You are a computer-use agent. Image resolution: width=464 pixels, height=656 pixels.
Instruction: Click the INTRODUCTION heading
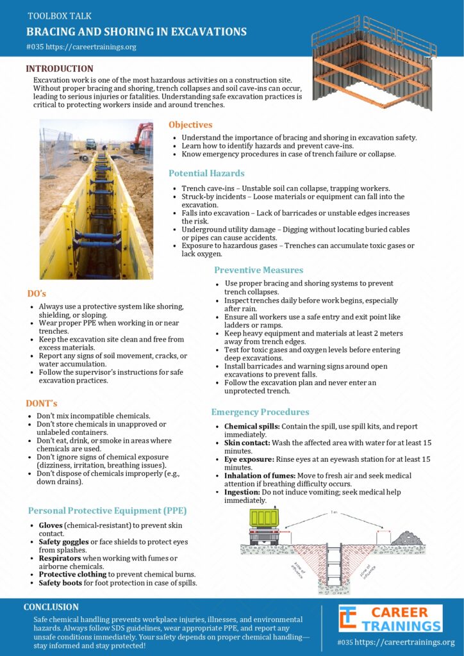click(x=60, y=69)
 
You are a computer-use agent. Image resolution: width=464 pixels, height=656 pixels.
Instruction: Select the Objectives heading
click(x=190, y=125)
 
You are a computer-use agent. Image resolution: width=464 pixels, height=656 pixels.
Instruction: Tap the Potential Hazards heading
click(x=206, y=173)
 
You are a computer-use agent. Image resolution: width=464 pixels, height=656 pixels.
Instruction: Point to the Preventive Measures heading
click(x=258, y=270)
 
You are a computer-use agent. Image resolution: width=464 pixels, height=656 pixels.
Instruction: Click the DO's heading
click(x=36, y=293)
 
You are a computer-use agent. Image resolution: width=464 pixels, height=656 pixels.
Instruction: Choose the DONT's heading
click(x=42, y=403)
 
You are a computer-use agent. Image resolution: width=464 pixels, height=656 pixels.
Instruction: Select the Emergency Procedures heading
click(x=260, y=412)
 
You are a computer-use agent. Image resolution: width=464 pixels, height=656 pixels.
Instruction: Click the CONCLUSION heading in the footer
click(x=51, y=607)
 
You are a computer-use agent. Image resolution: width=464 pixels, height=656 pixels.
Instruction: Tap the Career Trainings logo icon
click(x=348, y=619)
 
